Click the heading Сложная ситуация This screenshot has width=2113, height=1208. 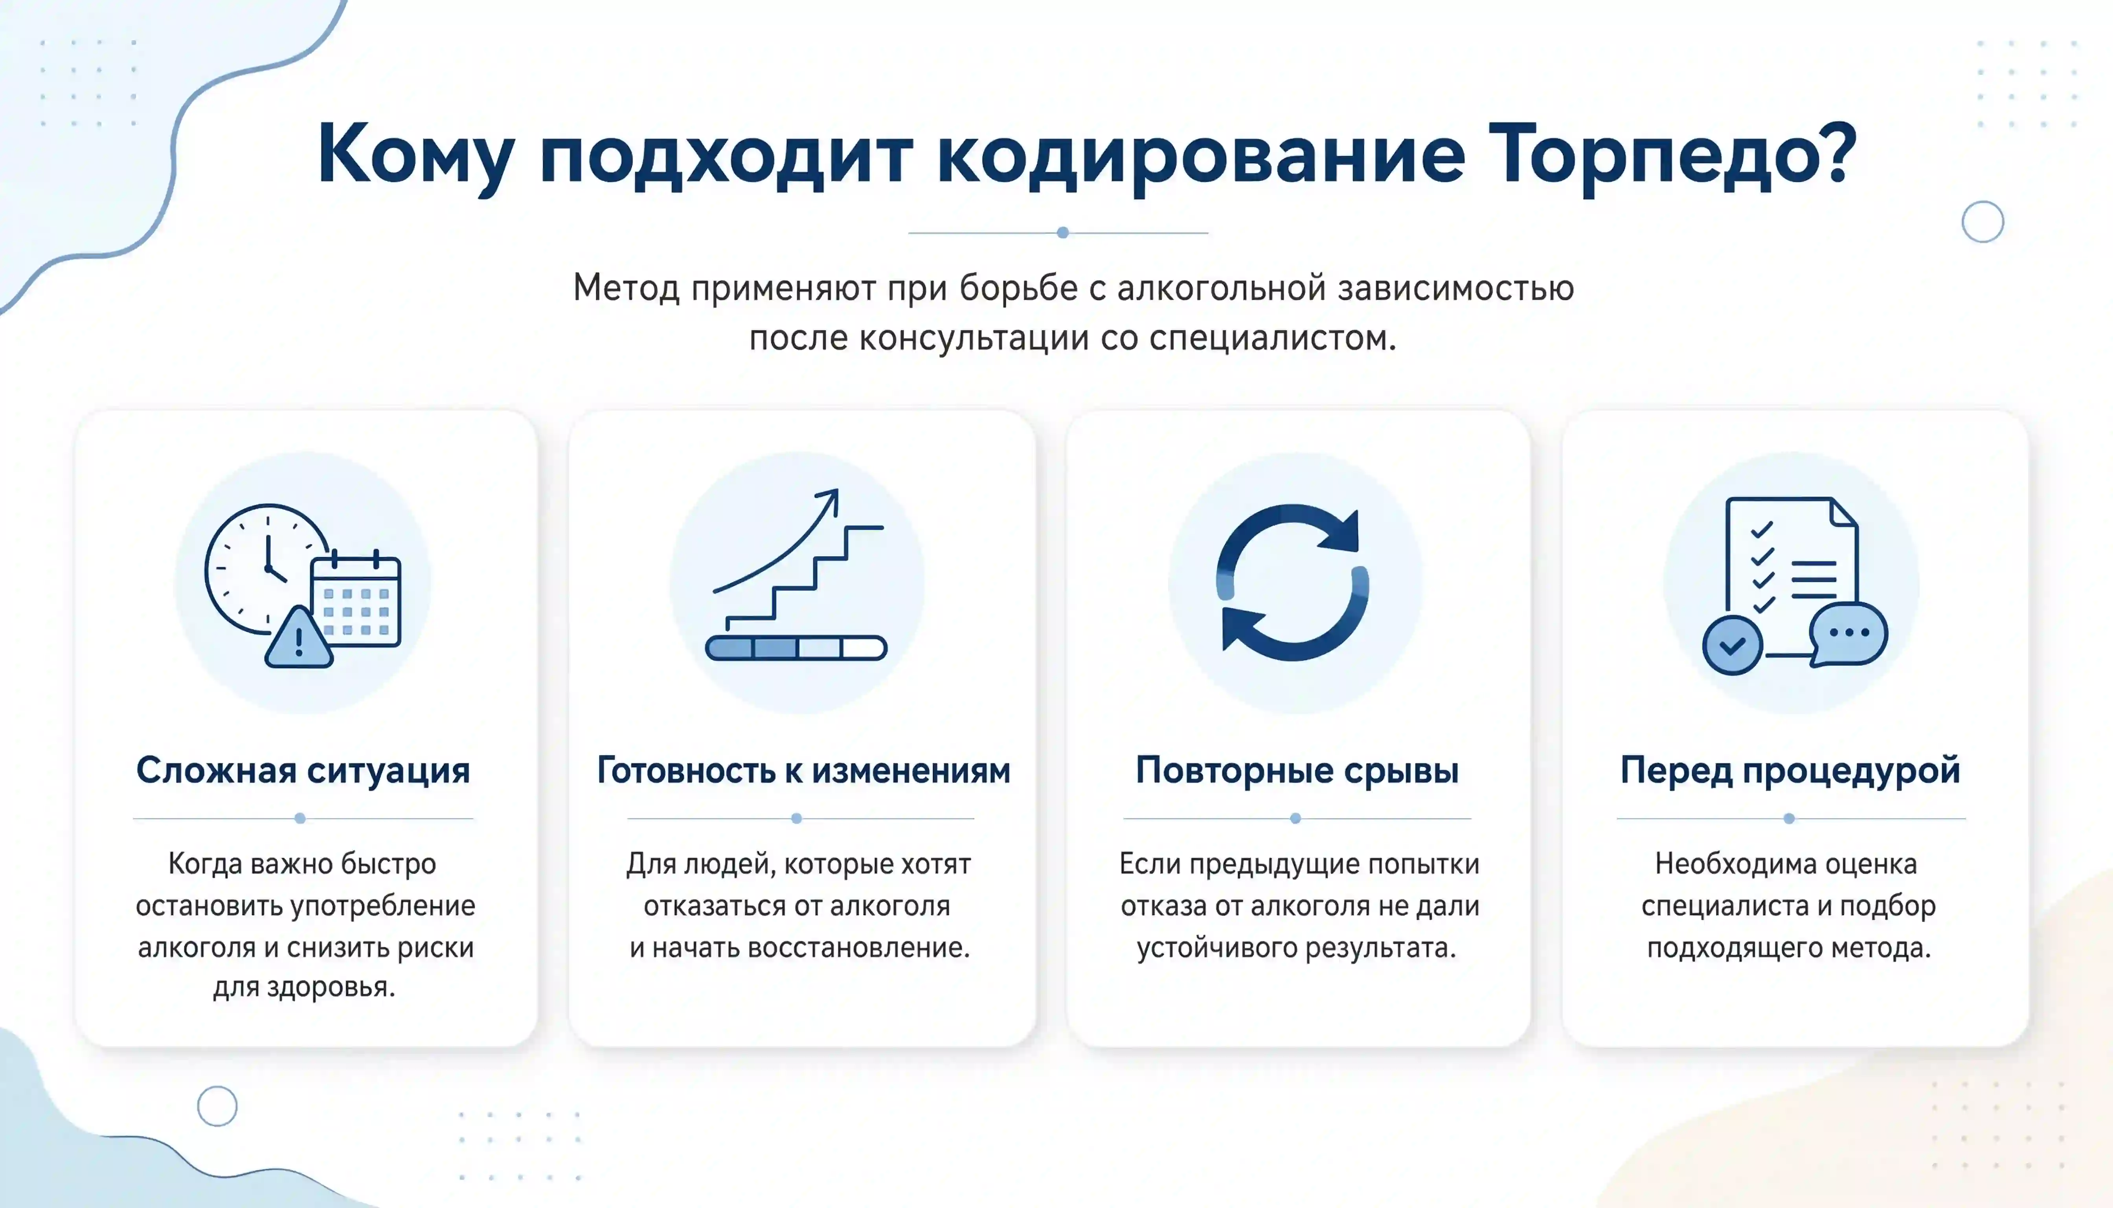pyautogui.click(x=303, y=770)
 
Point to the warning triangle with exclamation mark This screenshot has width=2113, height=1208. pyautogui.click(x=299, y=637)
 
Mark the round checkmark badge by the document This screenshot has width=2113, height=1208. pyautogui.click(x=1733, y=645)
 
